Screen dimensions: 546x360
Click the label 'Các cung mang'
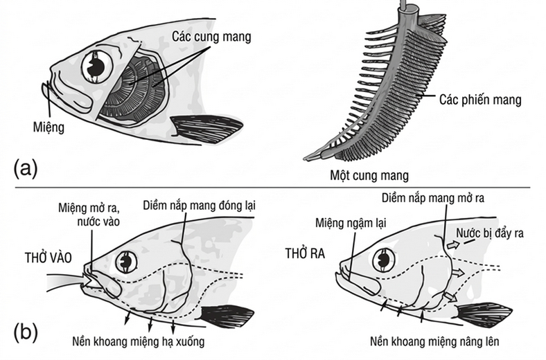(211, 37)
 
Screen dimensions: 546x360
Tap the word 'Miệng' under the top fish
(49, 127)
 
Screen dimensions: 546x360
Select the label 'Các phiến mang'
(480, 100)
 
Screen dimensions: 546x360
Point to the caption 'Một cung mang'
(369, 175)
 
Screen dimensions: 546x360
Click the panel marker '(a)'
(26, 168)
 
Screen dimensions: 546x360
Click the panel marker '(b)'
(26, 332)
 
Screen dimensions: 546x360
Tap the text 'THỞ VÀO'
(49, 258)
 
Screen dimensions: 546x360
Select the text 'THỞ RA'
(305, 253)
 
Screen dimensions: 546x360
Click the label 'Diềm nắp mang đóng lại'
(199, 205)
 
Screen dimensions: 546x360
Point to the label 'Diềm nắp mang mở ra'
(433, 198)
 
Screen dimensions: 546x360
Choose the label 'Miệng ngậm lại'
(351, 223)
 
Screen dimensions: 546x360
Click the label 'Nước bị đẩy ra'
(490, 233)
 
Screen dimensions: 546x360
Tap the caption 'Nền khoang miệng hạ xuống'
(139, 341)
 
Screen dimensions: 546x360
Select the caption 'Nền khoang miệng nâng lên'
(434, 341)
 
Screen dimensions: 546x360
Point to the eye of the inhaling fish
(125, 262)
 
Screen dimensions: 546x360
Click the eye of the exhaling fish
(384, 260)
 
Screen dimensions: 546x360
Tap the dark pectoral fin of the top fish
(208, 129)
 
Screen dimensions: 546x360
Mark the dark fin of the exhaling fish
(485, 316)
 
